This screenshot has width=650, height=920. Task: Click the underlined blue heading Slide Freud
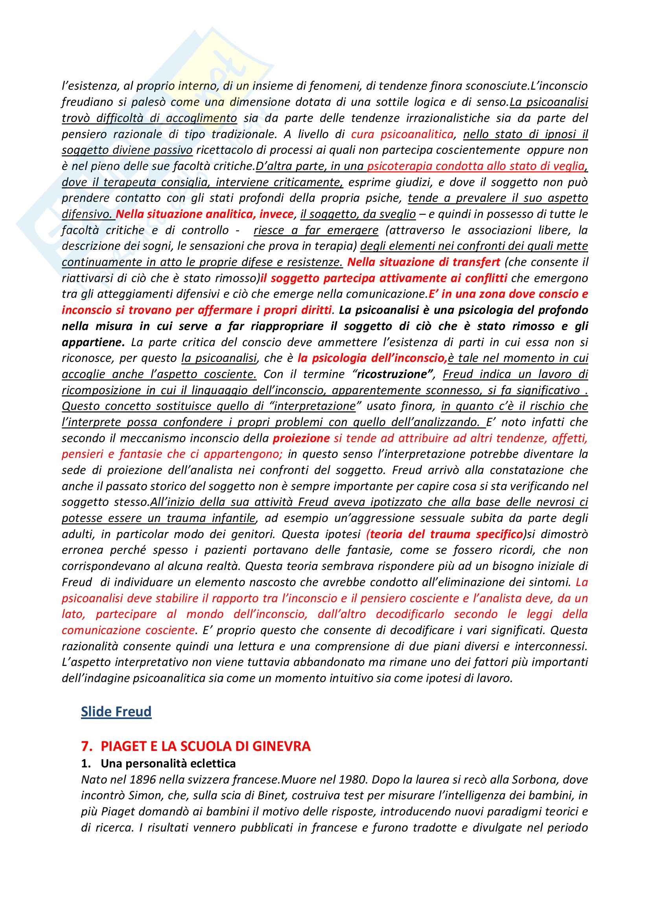click(x=116, y=711)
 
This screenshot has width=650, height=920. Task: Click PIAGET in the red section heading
click(x=122, y=746)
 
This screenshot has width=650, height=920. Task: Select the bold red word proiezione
click(x=301, y=438)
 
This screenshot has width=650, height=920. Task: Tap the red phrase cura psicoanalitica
click(x=402, y=134)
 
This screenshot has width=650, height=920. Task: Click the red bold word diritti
click(x=317, y=310)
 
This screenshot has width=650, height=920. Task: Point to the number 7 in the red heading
click(x=85, y=746)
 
